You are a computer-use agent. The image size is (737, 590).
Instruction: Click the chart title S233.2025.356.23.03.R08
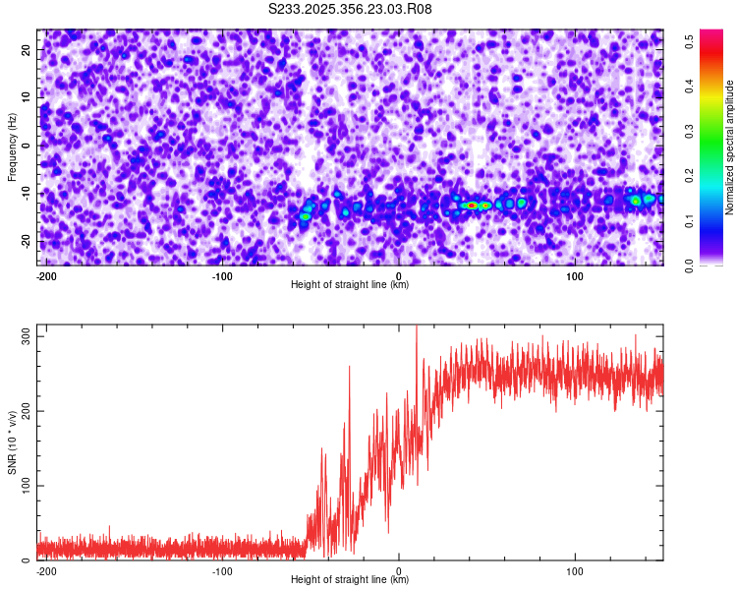tap(350, 9)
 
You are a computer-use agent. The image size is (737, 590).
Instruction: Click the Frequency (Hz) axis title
tap(12, 146)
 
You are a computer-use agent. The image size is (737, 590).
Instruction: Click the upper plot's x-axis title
tap(350, 285)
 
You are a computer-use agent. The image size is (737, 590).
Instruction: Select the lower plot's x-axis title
tap(350, 580)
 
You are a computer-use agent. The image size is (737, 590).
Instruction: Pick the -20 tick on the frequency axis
tap(25, 241)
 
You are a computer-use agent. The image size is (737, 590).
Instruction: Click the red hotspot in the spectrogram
tap(473, 205)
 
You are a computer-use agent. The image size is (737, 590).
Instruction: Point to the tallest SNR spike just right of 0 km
tap(417, 328)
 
